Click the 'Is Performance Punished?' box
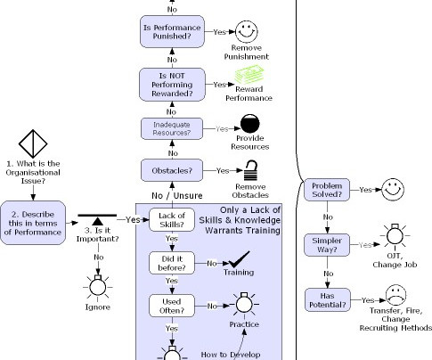click(x=172, y=31)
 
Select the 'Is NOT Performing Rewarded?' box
click(x=172, y=85)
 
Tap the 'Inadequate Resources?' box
click(x=172, y=128)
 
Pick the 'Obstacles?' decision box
click(x=172, y=170)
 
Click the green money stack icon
click(x=249, y=75)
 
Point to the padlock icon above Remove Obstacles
click(x=251, y=170)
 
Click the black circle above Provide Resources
click(x=250, y=124)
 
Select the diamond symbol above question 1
click(x=33, y=143)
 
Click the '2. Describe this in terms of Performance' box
click(x=33, y=223)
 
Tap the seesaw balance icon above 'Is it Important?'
click(x=97, y=219)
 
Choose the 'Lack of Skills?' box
click(x=172, y=220)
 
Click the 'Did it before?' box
click(x=172, y=263)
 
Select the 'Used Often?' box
click(x=172, y=306)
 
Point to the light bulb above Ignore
click(x=98, y=286)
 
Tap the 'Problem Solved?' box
click(x=327, y=190)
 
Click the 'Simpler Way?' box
click(x=327, y=245)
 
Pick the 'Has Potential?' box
click(x=328, y=300)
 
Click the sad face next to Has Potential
click(x=396, y=295)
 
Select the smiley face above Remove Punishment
click(x=247, y=31)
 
